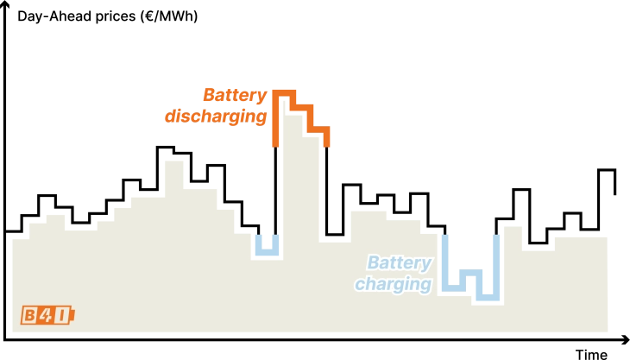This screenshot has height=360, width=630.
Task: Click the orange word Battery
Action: point(234,95)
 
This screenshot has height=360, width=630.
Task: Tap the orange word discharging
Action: point(216,116)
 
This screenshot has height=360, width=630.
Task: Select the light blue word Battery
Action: point(399,262)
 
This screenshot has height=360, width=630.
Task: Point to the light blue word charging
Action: point(393,284)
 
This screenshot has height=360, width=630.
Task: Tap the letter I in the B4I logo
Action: point(61,315)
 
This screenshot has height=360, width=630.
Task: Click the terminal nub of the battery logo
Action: point(72,315)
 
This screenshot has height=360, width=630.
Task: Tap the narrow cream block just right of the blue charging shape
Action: point(513,259)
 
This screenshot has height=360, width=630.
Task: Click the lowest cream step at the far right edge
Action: point(610,302)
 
